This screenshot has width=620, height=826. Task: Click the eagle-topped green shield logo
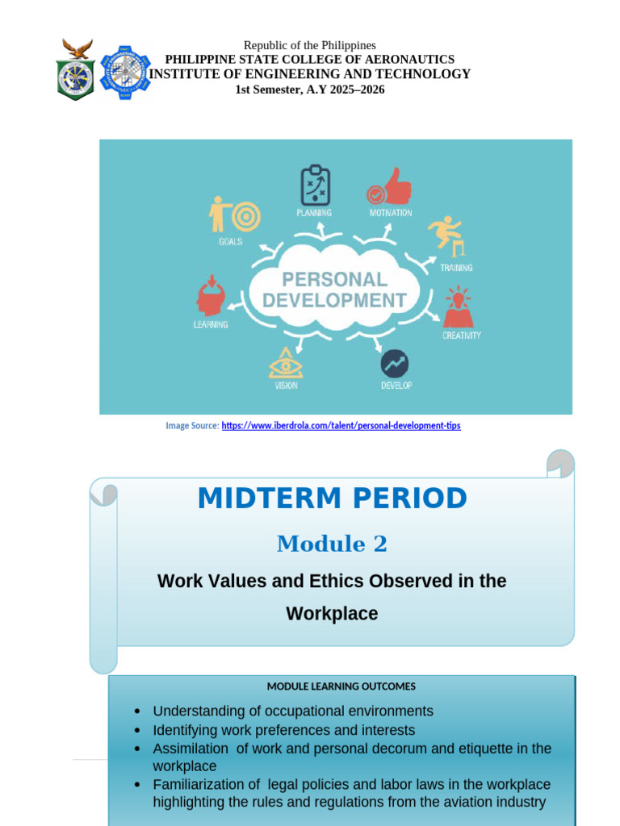[x=76, y=69]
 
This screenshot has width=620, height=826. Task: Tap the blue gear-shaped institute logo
[x=125, y=72]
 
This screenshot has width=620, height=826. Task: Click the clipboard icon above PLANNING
[x=316, y=185]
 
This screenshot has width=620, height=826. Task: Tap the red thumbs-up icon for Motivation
[x=389, y=186]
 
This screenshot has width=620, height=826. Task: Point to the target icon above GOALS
[x=245, y=216]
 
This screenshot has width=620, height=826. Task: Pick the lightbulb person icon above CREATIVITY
[x=459, y=307]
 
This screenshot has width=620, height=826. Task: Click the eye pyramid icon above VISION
[x=286, y=363]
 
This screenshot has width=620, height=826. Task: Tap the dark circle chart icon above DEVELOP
[x=394, y=364]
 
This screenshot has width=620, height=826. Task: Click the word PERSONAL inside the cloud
[x=334, y=279]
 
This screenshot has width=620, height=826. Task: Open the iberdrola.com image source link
[x=341, y=426]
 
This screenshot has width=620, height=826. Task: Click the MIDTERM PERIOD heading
[x=332, y=499]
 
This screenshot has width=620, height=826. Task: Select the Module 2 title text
[x=332, y=544]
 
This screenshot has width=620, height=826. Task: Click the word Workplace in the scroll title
[x=332, y=614]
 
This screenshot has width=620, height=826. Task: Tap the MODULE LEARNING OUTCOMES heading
[x=341, y=686]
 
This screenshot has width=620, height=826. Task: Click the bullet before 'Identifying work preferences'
[x=137, y=731]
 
